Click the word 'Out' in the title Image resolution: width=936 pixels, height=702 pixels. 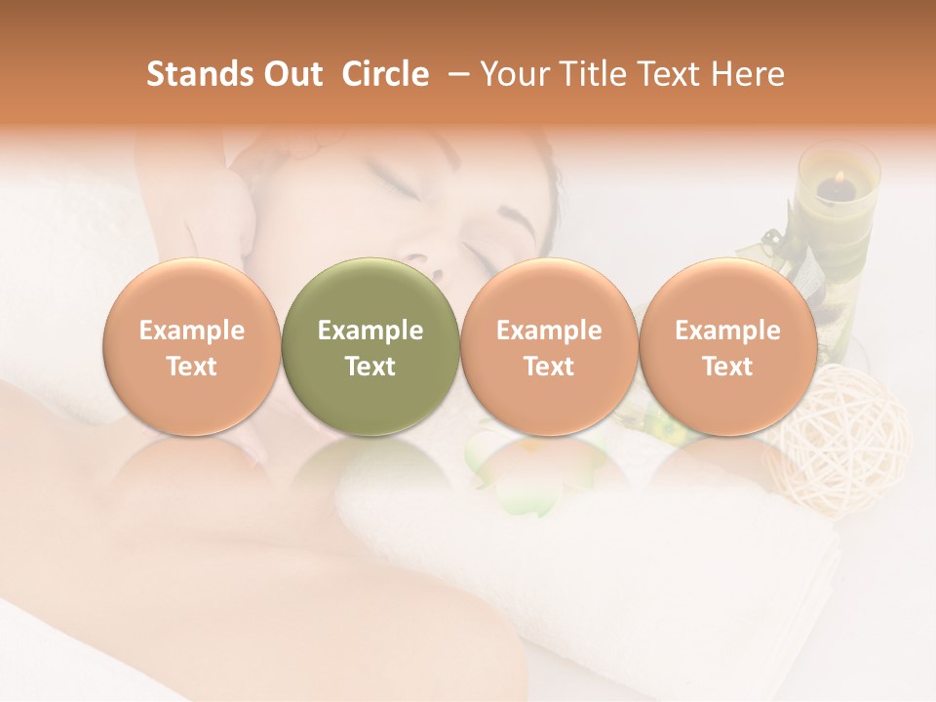[291, 74]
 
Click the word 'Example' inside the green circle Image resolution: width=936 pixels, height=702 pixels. [370, 331]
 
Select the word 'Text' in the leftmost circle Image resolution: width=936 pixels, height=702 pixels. [191, 367]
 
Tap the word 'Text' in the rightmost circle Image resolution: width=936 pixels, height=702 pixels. [727, 367]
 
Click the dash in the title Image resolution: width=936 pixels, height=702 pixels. [454, 74]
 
